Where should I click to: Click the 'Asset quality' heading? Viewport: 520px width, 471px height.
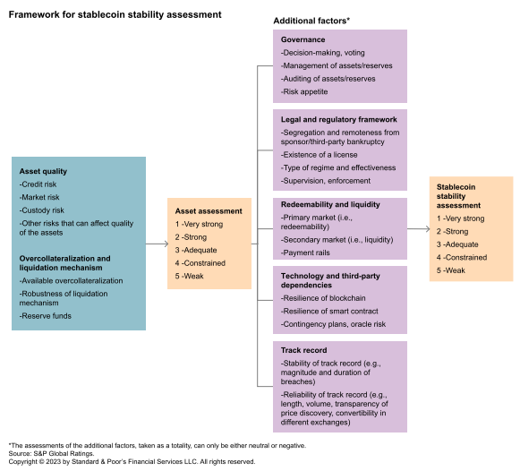(x=43, y=171)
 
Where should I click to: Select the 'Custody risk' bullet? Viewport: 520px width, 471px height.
(x=42, y=210)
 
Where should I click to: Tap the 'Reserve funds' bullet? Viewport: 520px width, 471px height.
(x=45, y=316)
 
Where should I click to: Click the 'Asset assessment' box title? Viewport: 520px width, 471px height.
(x=209, y=211)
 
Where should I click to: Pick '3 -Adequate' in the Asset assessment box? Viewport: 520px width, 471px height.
(x=196, y=250)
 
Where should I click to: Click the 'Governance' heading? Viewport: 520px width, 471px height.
(x=303, y=39)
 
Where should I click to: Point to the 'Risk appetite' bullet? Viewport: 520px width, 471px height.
(x=304, y=91)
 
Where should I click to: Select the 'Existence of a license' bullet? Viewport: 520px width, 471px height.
(x=319, y=155)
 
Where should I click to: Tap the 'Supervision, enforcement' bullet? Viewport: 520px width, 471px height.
(x=326, y=181)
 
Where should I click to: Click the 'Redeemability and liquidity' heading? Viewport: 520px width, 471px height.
(x=330, y=204)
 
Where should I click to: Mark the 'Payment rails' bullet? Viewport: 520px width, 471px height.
(x=305, y=253)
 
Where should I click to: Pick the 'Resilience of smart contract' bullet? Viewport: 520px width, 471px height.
(x=329, y=311)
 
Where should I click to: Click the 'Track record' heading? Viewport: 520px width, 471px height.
(x=303, y=350)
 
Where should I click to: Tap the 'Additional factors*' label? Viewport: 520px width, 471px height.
(x=311, y=21)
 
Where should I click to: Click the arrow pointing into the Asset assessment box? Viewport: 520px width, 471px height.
(x=157, y=244)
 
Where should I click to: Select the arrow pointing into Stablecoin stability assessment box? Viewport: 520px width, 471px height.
(x=418, y=228)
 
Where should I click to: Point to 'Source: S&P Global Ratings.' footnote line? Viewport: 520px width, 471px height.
(x=51, y=453)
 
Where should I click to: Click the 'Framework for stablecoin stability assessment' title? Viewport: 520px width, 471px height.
(x=115, y=14)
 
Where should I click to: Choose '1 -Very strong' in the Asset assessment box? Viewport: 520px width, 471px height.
(x=199, y=224)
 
